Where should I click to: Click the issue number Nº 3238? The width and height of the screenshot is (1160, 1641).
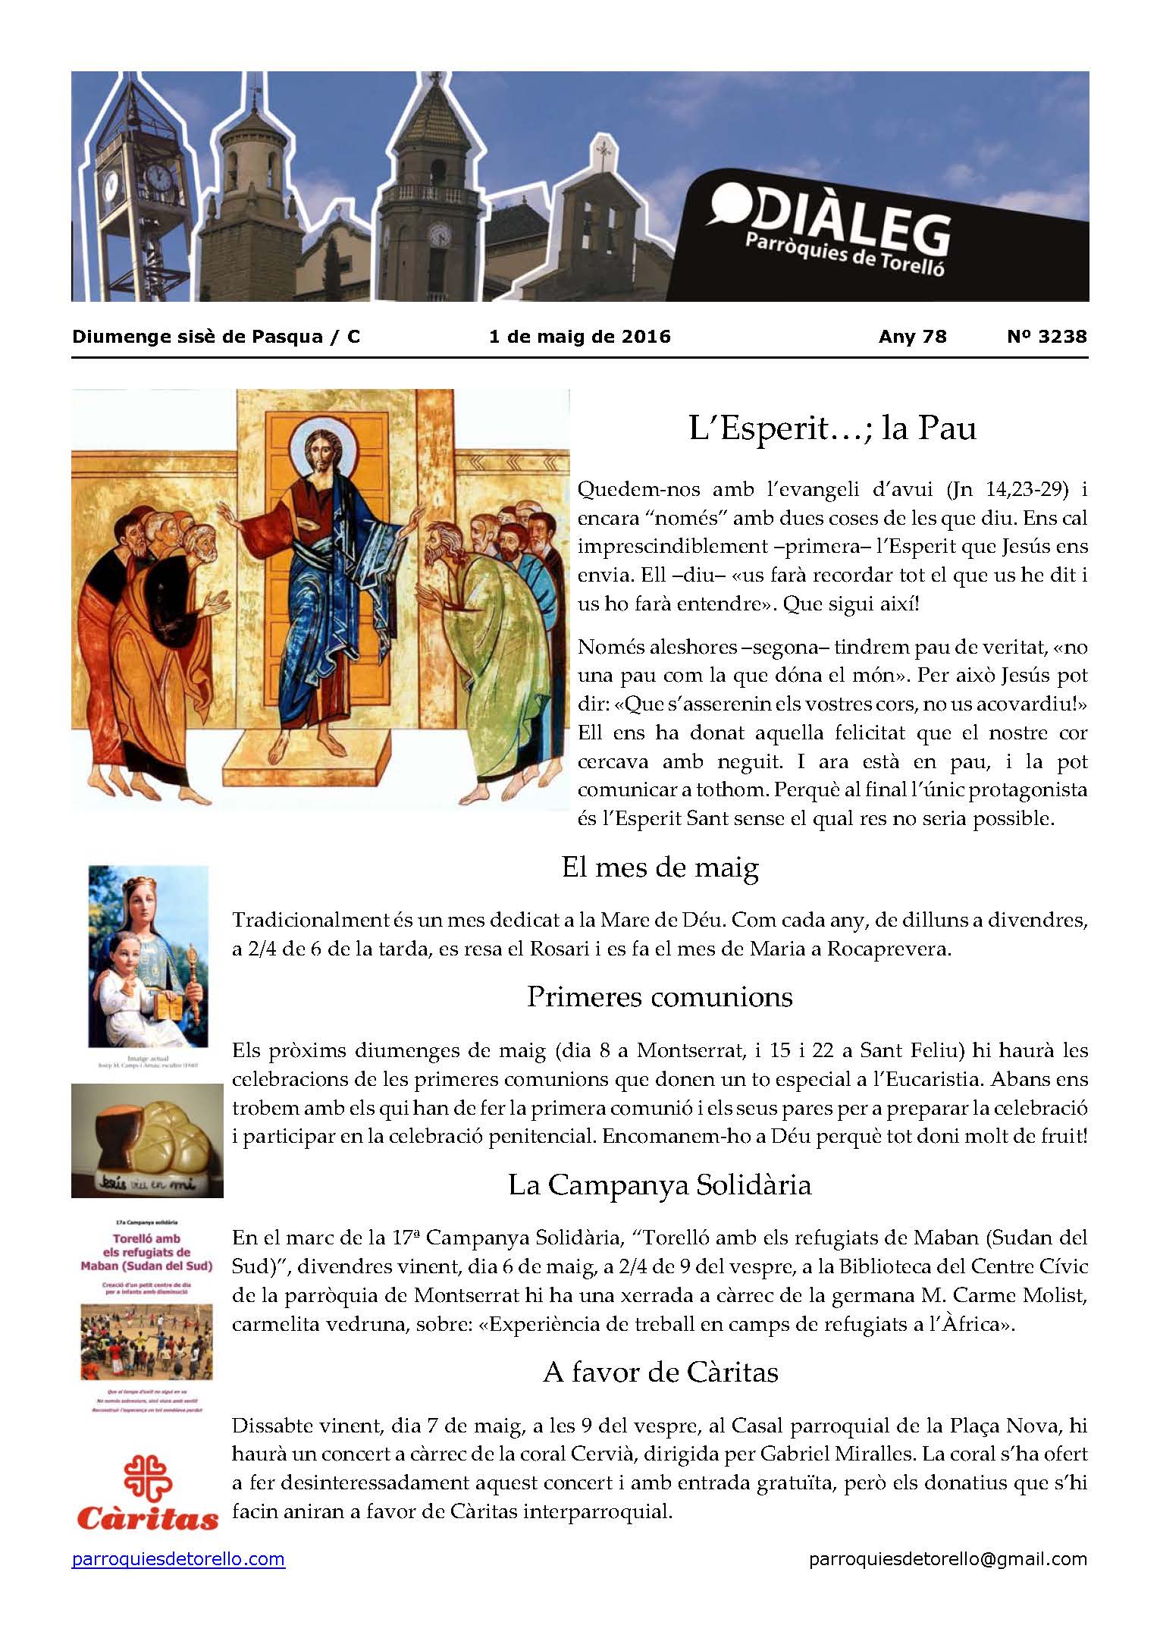coord(1046,337)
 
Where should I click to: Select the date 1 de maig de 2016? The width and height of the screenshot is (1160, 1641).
coord(580,337)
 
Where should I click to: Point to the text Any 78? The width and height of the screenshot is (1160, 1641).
coord(912,337)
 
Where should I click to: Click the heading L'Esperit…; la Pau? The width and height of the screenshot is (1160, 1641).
coord(832,429)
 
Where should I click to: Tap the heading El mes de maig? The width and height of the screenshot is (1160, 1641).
coord(660,868)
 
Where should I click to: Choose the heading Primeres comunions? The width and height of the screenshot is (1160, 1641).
coord(660,996)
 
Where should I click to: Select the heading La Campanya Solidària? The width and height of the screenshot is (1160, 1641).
coord(660,1184)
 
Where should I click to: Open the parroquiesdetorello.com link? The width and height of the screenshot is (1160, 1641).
coord(178,1559)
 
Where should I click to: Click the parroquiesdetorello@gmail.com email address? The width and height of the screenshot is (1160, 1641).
coord(948,1559)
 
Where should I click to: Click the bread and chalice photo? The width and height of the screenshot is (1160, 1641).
coord(147,1139)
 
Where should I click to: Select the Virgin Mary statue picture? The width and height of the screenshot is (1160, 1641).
coord(148,957)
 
